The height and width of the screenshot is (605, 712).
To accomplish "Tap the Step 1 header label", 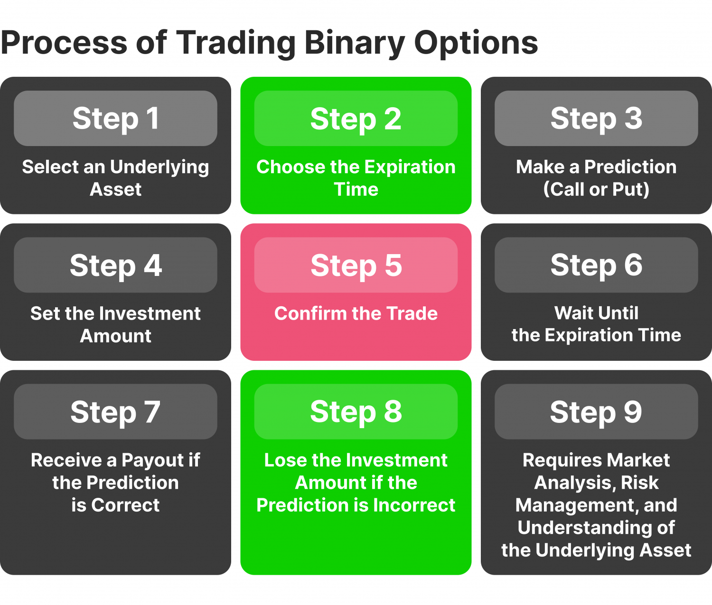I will [x=115, y=119].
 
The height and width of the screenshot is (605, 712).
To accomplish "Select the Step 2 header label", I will [x=356, y=119].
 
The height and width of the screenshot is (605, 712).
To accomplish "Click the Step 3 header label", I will [x=596, y=119].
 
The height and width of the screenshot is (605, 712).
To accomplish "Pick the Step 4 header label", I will [x=115, y=265].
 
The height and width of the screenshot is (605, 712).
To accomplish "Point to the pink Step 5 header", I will [x=356, y=265].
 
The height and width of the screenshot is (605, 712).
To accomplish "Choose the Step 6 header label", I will [x=596, y=265].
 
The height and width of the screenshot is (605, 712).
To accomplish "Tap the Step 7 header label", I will [x=115, y=412].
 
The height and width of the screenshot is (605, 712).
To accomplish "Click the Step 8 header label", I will [x=356, y=412].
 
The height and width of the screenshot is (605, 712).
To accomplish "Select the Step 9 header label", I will [x=596, y=412].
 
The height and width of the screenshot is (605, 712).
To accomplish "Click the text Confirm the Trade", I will [x=356, y=313].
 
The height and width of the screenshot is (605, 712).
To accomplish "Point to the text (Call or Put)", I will [x=596, y=189].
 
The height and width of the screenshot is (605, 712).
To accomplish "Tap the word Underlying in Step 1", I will [x=159, y=167].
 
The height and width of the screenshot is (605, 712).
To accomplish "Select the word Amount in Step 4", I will [x=115, y=336].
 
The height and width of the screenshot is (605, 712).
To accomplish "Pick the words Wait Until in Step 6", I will [x=596, y=313].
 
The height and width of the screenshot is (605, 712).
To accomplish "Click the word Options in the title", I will [x=476, y=43].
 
